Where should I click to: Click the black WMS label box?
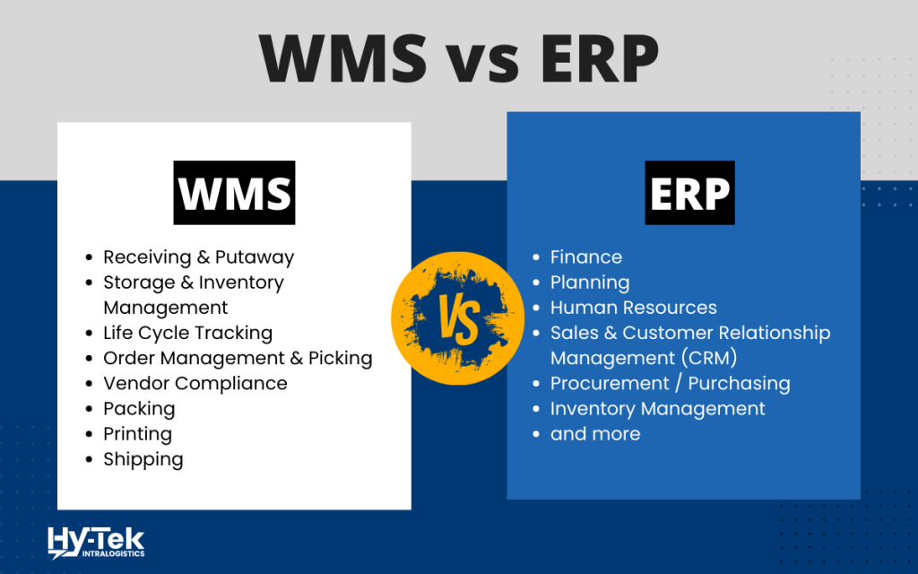click(x=234, y=193)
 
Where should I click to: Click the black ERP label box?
click(x=689, y=193)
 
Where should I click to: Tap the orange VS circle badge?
click(x=458, y=314)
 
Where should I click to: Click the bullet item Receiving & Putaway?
click(x=198, y=257)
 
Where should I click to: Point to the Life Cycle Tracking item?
click(x=187, y=333)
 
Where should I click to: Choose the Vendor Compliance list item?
click(x=195, y=383)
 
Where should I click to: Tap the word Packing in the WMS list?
click(x=139, y=408)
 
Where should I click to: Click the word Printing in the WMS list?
click(x=137, y=433)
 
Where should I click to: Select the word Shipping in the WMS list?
click(x=143, y=459)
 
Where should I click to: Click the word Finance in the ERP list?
click(x=586, y=257)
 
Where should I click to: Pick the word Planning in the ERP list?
click(x=590, y=283)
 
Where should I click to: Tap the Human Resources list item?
click(x=634, y=308)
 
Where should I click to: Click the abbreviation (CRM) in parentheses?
click(x=706, y=358)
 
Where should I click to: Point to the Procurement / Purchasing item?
click(x=671, y=383)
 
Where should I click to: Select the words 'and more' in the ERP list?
click(x=595, y=433)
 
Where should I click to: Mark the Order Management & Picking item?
click(x=238, y=358)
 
